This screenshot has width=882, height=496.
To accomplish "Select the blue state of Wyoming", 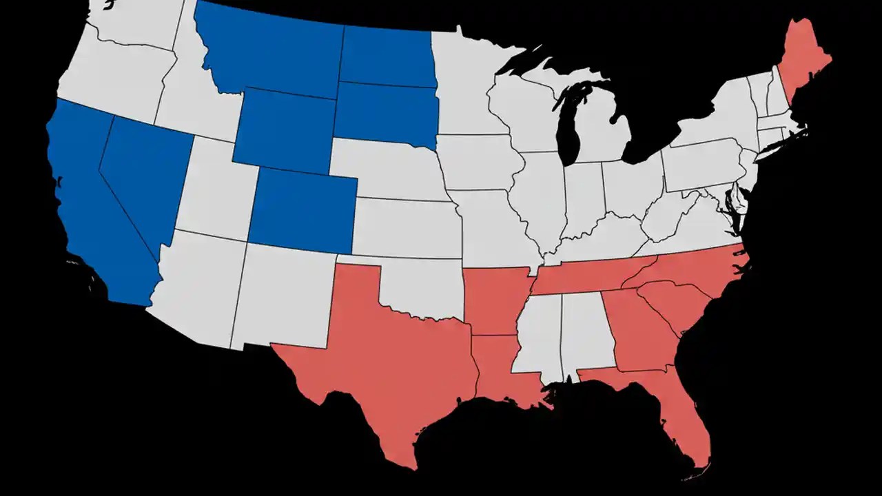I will coord(283,131).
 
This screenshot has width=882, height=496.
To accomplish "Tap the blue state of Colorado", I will coord(303,210).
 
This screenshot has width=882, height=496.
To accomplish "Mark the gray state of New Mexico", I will coord(286,296).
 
